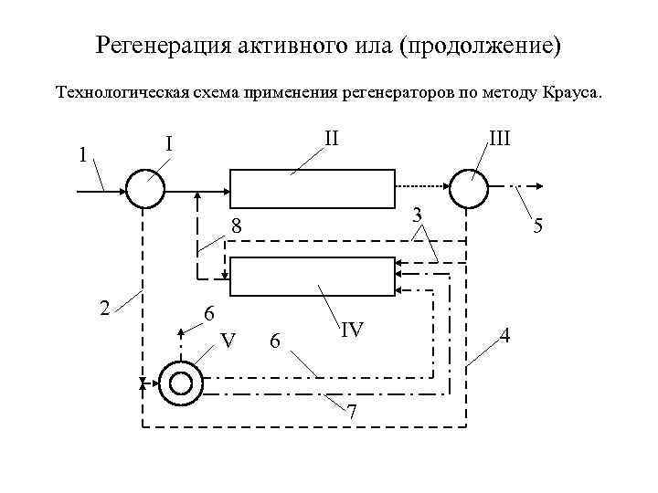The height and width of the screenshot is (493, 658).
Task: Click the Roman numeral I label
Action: coord(169,143)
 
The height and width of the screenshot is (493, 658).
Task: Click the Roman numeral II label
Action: coord(331,138)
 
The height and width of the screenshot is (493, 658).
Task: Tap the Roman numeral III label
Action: coord(499,139)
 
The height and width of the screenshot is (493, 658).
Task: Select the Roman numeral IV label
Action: coord(352,330)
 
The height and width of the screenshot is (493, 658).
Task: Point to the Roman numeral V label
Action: coord(229,341)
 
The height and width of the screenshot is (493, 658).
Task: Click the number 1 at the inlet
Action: coord(83,154)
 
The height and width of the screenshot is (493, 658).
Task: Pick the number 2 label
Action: coord(105,308)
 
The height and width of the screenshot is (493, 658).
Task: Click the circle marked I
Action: coord(145,190)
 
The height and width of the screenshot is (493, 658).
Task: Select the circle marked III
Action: coord(467,190)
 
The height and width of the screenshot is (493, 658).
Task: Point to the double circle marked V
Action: coord(180,384)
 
